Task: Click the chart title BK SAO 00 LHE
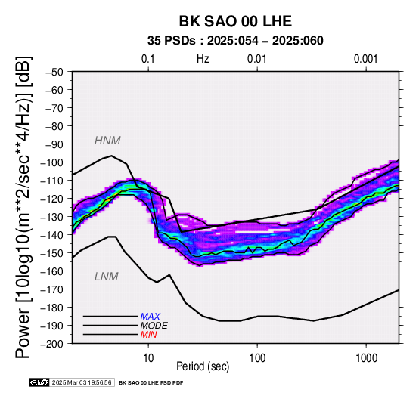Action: coord(235,21)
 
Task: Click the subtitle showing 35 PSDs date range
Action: coord(235,41)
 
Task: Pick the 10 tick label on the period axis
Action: coord(148,358)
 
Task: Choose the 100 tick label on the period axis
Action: coord(257,358)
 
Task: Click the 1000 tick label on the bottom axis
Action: coord(366,358)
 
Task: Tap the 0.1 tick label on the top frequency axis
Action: coord(148,59)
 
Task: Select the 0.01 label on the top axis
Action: coord(257,59)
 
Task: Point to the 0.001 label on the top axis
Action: coord(366,59)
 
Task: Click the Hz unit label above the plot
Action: coord(203,59)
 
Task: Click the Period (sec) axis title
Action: coord(203,366)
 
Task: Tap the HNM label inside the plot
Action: coord(107,141)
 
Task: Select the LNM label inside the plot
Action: coord(107,277)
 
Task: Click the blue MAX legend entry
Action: coord(151,317)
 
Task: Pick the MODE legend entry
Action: coord(154,326)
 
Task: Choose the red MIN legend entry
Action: coord(148,335)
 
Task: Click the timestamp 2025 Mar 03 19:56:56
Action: coord(82,382)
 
